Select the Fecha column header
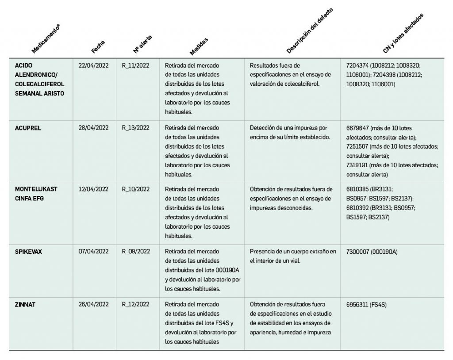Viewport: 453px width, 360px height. (98, 46)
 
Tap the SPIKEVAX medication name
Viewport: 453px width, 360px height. (29, 252)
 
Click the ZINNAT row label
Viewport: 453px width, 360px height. (25, 304)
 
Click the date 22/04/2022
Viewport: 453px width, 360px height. (93, 65)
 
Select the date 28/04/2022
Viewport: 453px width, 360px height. (93, 128)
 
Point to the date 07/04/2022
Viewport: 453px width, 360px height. (93, 252)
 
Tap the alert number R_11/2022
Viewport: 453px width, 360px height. (135, 65)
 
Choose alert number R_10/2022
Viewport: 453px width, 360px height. (135, 189)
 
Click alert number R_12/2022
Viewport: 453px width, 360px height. (135, 304)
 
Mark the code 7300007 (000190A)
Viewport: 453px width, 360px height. (372, 252)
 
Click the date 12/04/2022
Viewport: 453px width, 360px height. (93, 189)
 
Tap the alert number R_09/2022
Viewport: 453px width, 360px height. (135, 252)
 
